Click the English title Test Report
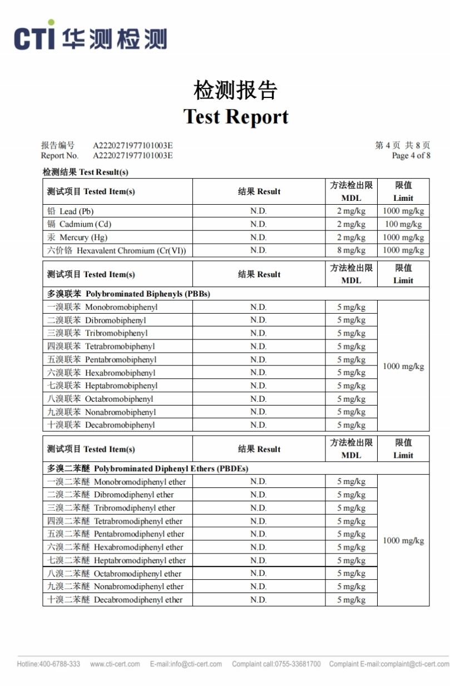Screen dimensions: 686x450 pyautogui.click(x=236, y=116)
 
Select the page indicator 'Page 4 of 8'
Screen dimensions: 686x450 pyautogui.click(x=411, y=156)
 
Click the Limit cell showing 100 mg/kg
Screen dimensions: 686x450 pyautogui.click(x=403, y=224)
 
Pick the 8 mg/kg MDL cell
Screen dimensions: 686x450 pyautogui.click(x=351, y=250)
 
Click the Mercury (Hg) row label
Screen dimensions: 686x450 pyautogui.click(x=77, y=238)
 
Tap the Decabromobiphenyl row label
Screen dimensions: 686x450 pyautogui.click(x=101, y=425)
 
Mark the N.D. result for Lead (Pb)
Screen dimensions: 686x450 pyautogui.click(x=258, y=211)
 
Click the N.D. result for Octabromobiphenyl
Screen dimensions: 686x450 pyautogui.click(x=258, y=399)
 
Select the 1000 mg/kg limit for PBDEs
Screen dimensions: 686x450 pyautogui.click(x=403, y=541)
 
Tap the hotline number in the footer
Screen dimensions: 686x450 pyautogui.click(x=48, y=664)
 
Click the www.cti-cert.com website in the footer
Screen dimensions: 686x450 pyautogui.click(x=115, y=664)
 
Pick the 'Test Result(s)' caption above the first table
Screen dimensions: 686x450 pyautogui.click(x=86, y=172)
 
